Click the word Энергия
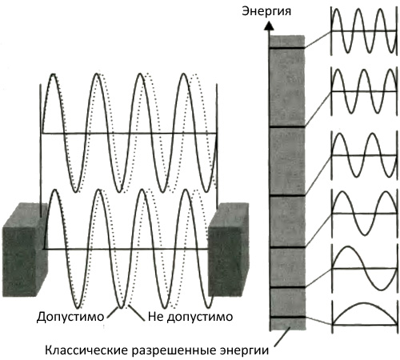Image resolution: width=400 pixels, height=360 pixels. tap(266, 12)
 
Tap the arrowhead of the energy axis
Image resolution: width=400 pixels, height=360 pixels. tap(270, 26)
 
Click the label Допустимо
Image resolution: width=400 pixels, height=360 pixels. tap(70, 317)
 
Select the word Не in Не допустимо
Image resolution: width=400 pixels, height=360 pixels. tap(156, 317)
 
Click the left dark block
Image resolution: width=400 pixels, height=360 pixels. tap(25, 250)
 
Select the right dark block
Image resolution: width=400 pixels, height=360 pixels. tap(229, 250)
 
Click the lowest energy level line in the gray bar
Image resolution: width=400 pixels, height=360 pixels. tap(287, 317)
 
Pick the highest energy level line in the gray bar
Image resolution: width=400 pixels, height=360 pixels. tap(287, 48)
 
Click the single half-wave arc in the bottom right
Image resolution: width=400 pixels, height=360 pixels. tap(364, 304)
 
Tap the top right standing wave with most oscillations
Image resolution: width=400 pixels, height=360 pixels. tap(364, 31)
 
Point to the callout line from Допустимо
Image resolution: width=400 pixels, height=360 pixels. tap(113, 312)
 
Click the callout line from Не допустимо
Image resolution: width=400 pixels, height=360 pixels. tap(137, 312)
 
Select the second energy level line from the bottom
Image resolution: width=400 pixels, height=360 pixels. tap(287, 287)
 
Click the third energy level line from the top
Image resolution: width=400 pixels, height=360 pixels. tap(287, 195)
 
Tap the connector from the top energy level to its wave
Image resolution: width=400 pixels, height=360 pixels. tap(318, 39)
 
